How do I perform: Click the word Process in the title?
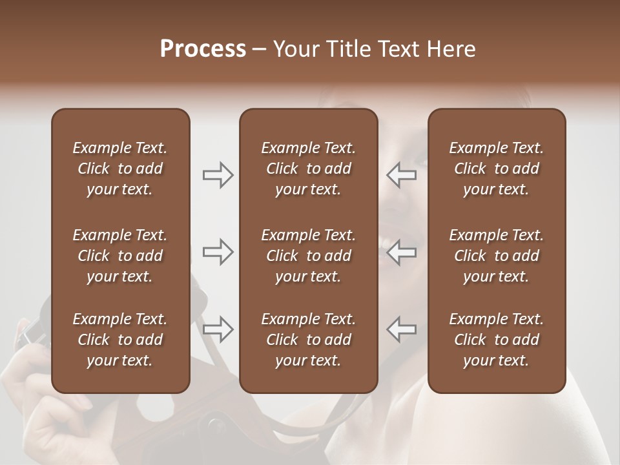(x=203, y=49)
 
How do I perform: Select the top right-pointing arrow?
(x=218, y=175)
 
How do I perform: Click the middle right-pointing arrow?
(x=218, y=252)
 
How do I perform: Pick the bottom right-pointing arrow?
(x=218, y=329)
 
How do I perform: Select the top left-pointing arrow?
(x=402, y=175)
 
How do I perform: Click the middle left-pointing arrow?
(x=402, y=252)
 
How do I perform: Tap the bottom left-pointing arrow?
(x=402, y=329)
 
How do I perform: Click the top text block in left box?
(x=120, y=169)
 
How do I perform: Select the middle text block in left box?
(x=120, y=256)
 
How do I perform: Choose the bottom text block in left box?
(x=120, y=340)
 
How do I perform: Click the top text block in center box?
(x=308, y=169)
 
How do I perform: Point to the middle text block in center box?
(x=308, y=256)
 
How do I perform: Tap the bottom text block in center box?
(x=308, y=340)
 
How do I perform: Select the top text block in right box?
(x=496, y=169)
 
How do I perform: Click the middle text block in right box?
(x=496, y=256)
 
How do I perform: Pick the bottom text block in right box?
(x=496, y=340)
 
